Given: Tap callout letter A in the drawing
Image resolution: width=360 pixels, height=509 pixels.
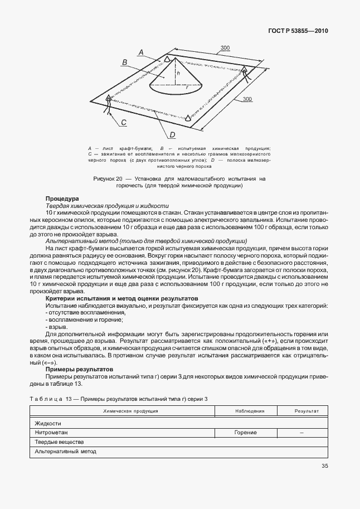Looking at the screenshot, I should pyautogui.click(x=141, y=52).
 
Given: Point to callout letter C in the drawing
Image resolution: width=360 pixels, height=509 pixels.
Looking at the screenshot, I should pyautogui.click(x=124, y=123).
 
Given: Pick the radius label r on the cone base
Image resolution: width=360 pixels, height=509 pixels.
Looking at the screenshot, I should pyautogui.click(x=187, y=88).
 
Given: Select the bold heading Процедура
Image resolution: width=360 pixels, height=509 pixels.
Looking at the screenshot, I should pyautogui.click(x=62, y=198).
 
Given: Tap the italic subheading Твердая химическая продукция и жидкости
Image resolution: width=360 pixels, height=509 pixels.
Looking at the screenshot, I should pyautogui.click(x=103, y=206).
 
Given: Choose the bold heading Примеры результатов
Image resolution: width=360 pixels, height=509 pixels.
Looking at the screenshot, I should pyautogui.click(x=80, y=370).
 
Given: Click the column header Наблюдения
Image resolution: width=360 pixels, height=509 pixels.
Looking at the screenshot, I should pyautogui.click(x=249, y=411).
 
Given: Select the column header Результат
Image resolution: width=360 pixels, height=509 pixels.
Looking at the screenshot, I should pyautogui.click(x=307, y=411).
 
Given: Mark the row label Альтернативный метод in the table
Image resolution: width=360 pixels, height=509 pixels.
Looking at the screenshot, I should pyautogui.click(x=65, y=451).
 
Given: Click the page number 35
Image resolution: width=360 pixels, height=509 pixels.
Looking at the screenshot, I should pyautogui.click(x=324, y=467).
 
